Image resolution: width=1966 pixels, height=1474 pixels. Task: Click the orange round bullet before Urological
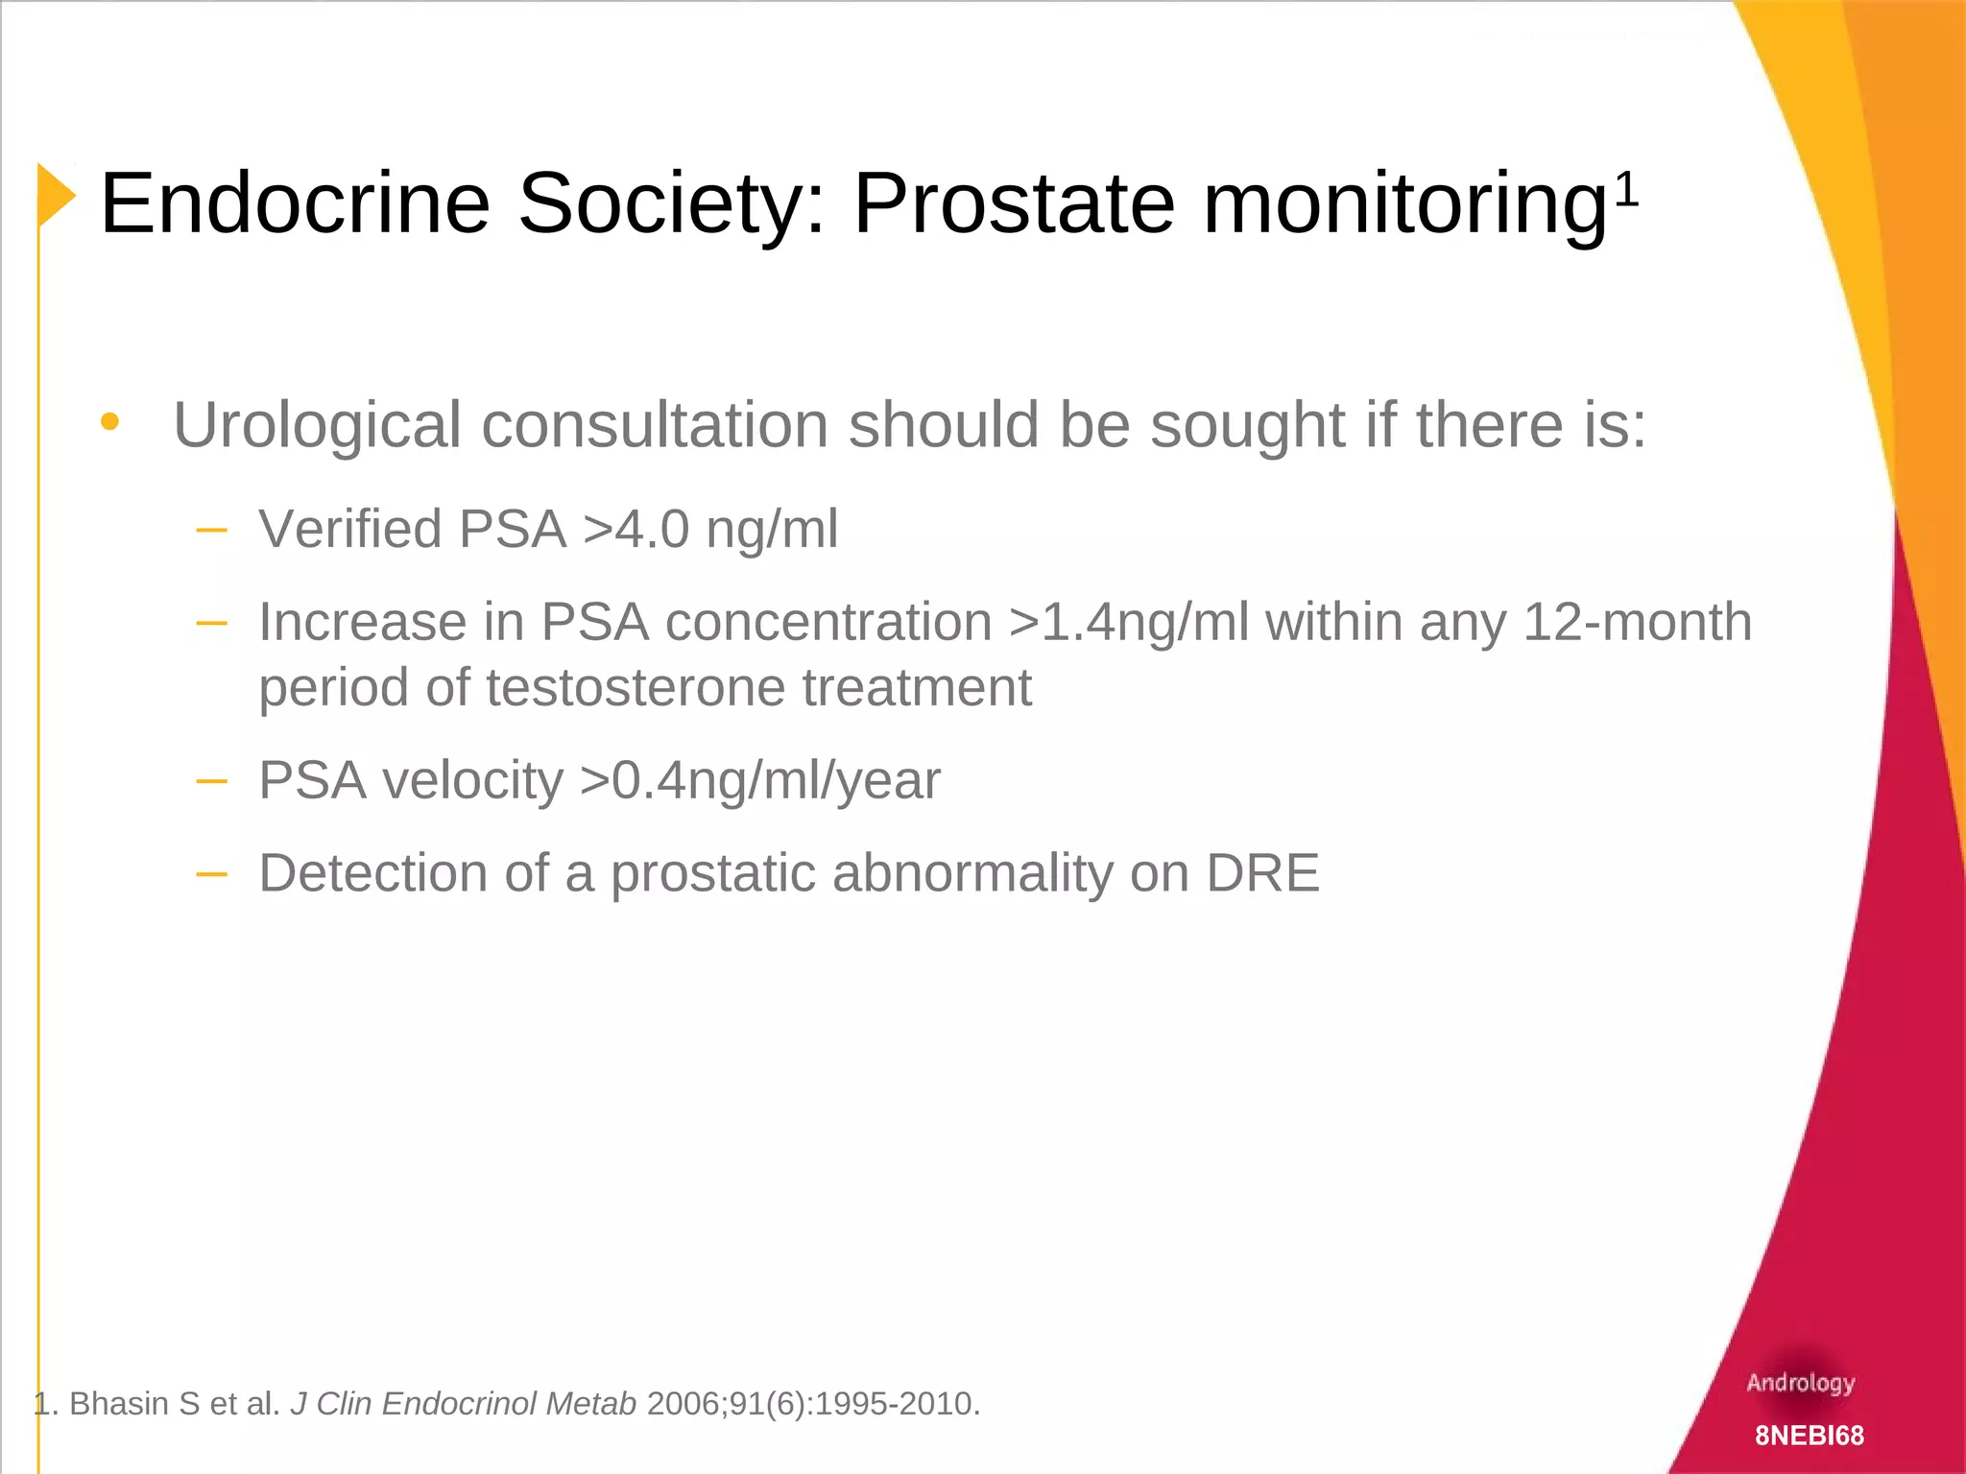pos(110,421)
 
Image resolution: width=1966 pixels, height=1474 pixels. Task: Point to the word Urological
pos(317,425)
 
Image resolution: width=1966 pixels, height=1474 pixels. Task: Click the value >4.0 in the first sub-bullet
pos(635,529)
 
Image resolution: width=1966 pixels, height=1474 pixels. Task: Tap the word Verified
pos(350,529)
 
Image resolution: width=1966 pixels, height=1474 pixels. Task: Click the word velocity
pos(472,779)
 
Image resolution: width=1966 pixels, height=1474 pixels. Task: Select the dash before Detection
pos(211,873)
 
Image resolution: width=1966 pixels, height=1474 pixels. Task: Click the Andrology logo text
pos(1800,1383)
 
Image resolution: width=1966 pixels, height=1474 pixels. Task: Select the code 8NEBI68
pos(1810,1436)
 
